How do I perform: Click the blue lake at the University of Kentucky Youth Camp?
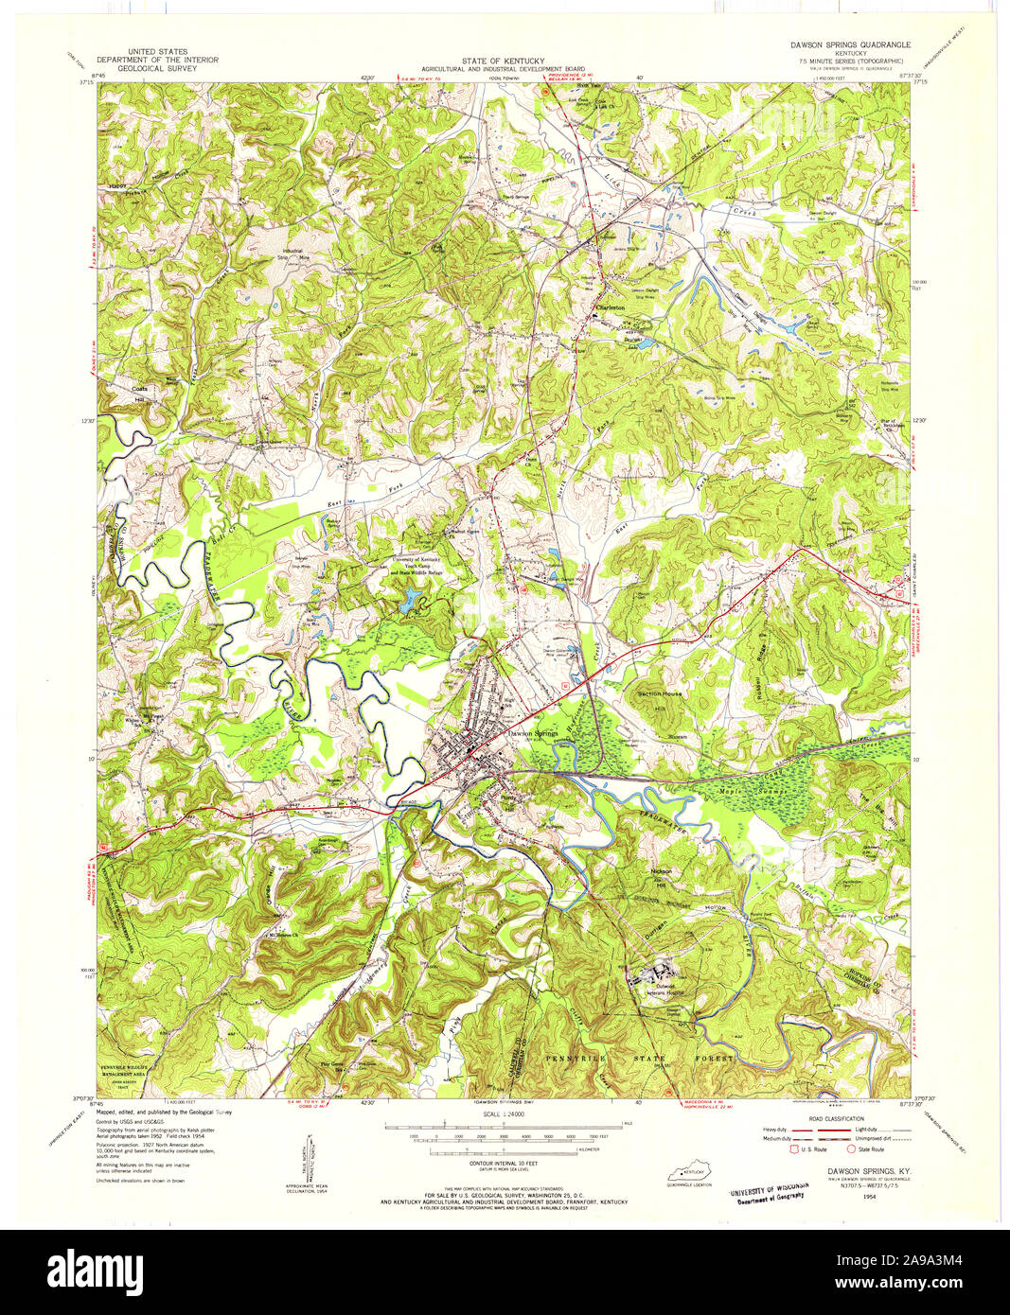coord(412,598)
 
